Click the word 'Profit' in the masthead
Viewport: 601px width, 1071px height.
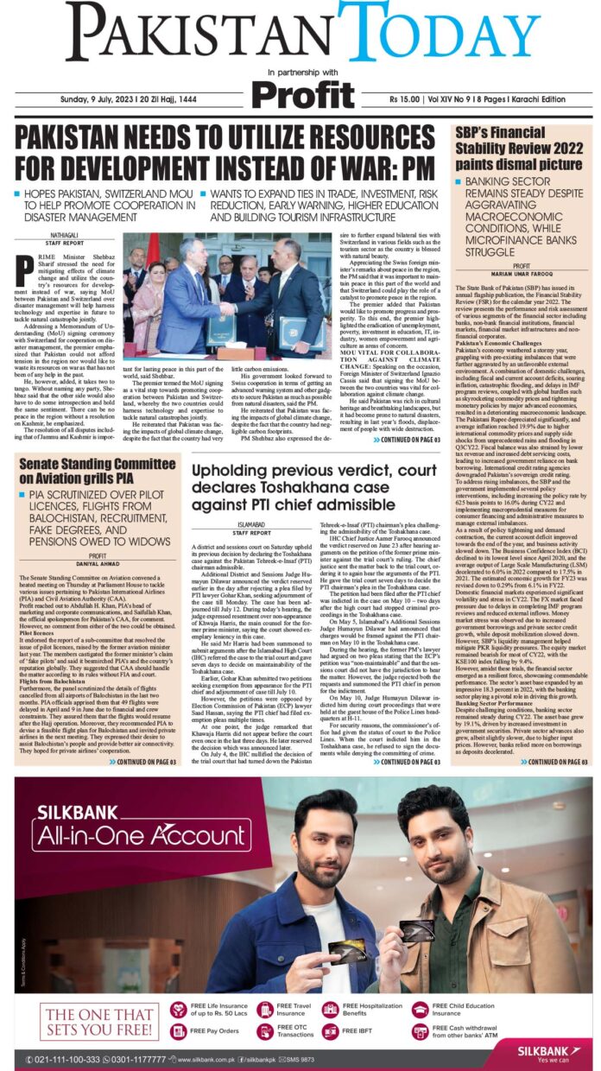[300, 93]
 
